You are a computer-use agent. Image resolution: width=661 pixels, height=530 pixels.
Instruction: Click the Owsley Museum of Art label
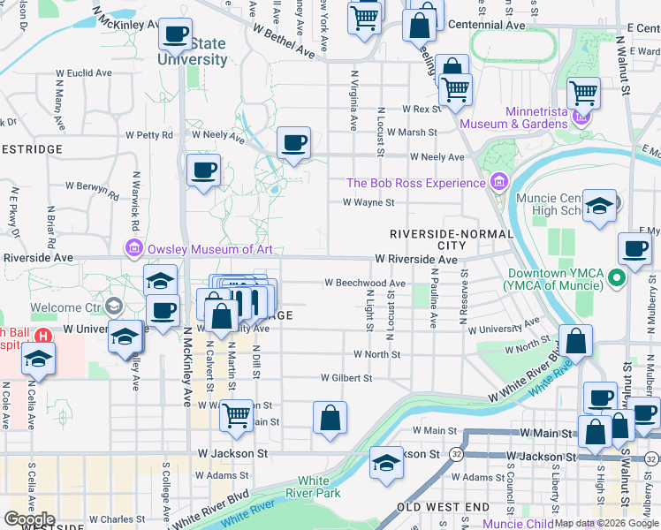(210, 249)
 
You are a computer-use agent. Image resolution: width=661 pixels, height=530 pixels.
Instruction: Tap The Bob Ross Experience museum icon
(498, 183)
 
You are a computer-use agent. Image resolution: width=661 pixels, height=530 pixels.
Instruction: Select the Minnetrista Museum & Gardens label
(536, 117)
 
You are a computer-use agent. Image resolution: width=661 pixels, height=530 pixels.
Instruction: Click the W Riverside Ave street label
(415, 260)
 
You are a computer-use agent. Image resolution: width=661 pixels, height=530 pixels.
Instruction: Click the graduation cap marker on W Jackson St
(386, 462)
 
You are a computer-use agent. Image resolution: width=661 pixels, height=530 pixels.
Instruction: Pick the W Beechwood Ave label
(364, 284)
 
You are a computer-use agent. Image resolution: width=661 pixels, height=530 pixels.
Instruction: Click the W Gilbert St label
(346, 377)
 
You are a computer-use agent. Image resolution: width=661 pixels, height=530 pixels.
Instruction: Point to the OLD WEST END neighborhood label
(443, 507)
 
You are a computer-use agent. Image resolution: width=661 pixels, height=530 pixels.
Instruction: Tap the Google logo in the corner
(28, 519)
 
